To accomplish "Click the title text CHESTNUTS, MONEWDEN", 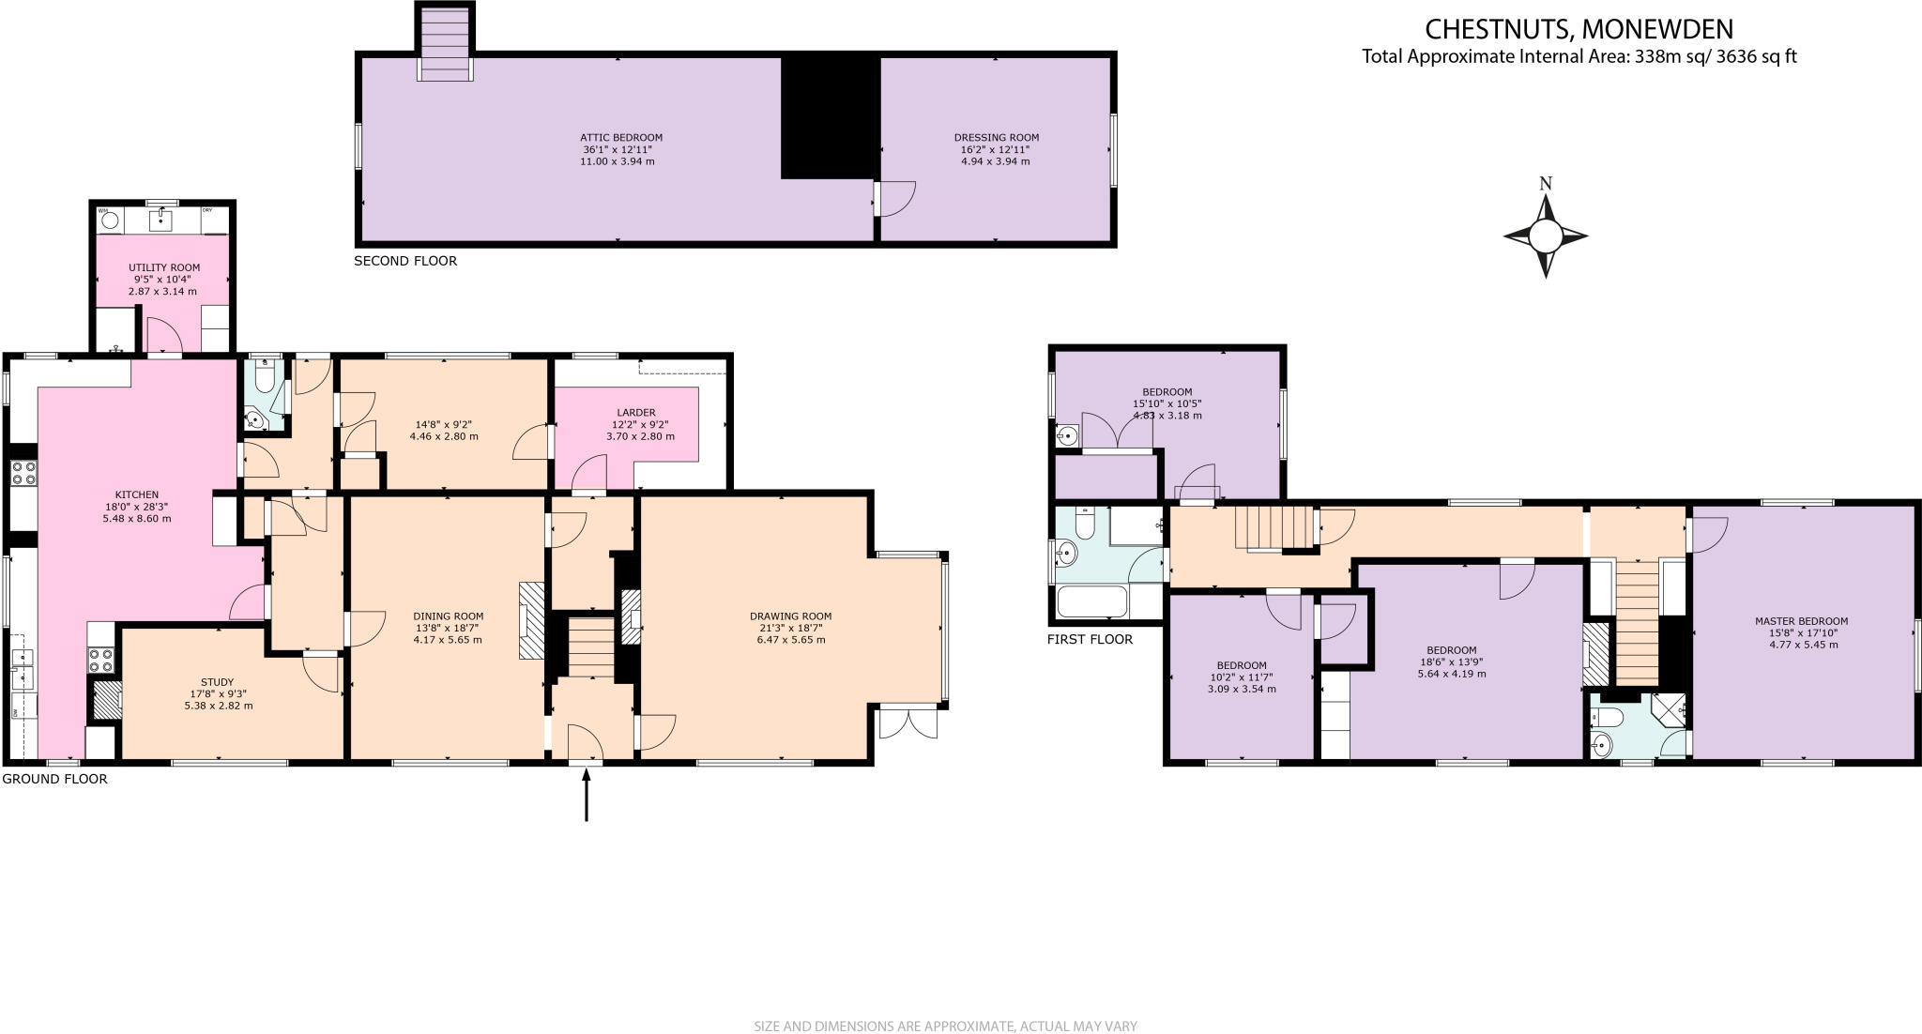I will [1579, 29].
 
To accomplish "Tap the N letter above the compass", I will [1546, 184].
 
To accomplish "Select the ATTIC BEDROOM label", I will [621, 138].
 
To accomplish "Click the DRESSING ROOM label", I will [996, 138].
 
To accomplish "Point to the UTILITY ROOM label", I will [164, 268].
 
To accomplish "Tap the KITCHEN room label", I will [137, 494].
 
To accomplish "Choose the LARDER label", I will [636, 413].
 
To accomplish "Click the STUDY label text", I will [217, 682].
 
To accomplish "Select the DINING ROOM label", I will [448, 616].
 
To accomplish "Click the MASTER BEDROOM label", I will [1801, 621].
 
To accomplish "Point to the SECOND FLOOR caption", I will [405, 261].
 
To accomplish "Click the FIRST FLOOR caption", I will [1090, 639].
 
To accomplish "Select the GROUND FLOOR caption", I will [54, 779].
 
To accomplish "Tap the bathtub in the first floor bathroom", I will [1091, 601].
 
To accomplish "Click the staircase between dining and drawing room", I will [591, 646].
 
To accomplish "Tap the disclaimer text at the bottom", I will [945, 1026].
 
